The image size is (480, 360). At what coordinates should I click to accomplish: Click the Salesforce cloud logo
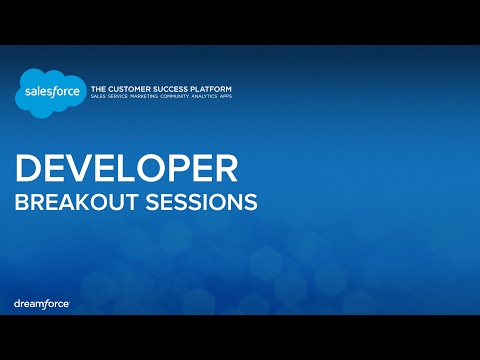(x=49, y=94)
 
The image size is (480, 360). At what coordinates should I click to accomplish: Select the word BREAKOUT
(x=69, y=201)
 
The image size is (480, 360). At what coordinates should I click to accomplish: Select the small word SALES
(x=100, y=98)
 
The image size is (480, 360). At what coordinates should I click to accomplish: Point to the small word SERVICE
(x=125, y=98)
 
